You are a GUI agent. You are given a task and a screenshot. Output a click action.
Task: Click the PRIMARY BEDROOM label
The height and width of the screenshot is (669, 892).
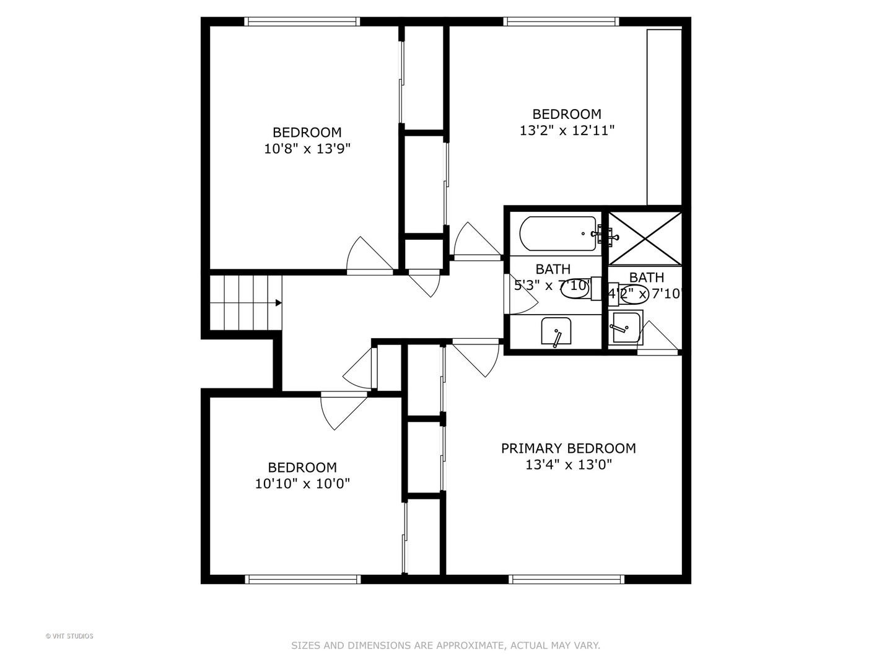pos(568,448)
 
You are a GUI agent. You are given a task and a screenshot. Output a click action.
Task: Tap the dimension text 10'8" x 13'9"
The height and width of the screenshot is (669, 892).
pos(307,149)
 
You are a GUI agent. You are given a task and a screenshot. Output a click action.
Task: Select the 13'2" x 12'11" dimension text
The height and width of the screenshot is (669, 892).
pos(567,131)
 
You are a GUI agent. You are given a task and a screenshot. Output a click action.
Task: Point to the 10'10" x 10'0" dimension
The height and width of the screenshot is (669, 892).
pos(302,484)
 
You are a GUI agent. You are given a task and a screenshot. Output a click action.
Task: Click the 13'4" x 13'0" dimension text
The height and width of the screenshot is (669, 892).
pos(568,465)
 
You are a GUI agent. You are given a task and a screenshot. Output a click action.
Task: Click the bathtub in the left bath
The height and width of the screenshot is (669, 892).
pos(557,234)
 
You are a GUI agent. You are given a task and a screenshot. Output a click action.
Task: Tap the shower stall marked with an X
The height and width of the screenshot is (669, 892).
pos(644,238)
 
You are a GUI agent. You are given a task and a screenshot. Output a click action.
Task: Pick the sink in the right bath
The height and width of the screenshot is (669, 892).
pos(625,327)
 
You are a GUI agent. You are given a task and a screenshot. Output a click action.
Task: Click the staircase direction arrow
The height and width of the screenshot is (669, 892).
pos(278,303)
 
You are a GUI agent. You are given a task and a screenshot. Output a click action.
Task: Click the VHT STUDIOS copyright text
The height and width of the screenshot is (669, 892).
pos(69,636)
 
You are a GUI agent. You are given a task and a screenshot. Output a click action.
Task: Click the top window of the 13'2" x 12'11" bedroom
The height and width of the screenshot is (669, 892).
pos(562,22)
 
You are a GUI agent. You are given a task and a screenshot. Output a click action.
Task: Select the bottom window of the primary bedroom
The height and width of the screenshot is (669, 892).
pos(566,579)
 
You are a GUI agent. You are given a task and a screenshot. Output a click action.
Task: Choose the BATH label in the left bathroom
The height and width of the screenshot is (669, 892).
pos(553,269)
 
